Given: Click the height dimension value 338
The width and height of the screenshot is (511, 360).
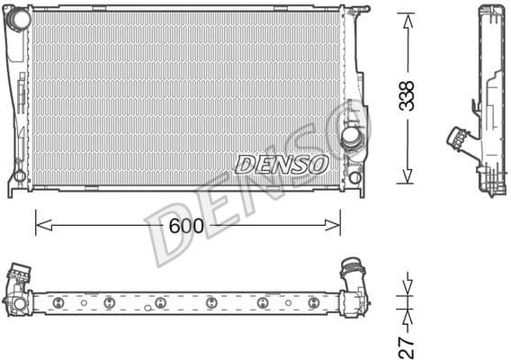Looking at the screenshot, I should pyautogui.click(x=407, y=95).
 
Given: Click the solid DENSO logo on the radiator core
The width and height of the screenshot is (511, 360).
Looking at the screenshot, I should pyautogui.click(x=282, y=164).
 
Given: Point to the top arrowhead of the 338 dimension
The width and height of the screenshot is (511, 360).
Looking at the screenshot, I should pyautogui.click(x=407, y=18).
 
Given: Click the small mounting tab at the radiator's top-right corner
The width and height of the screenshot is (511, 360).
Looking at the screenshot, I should pyautogui.click(x=360, y=10).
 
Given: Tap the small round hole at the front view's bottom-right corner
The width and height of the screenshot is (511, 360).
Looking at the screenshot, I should pyautogui.click(x=354, y=177).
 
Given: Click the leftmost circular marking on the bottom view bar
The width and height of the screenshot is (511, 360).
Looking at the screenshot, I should pyautogui.click(x=56, y=301).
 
